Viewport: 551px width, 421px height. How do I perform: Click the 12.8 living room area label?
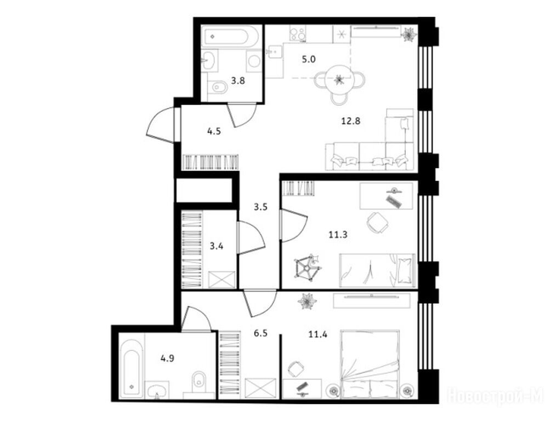(x=351, y=122)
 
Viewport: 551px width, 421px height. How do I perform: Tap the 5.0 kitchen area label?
(x=309, y=59)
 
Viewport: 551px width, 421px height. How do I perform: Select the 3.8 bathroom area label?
(x=238, y=81)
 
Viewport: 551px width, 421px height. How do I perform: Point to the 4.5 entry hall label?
(x=214, y=132)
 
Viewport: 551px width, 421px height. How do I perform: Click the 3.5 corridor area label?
(x=261, y=207)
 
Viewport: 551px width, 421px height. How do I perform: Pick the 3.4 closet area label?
(x=217, y=246)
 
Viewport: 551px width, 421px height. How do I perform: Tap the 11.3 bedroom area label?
(x=338, y=235)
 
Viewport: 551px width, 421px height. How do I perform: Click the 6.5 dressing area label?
(x=261, y=333)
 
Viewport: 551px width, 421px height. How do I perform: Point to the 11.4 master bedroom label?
(x=318, y=334)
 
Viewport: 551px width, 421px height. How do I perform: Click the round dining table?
(x=339, y=79)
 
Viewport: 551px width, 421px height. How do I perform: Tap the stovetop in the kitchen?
(x=298, y=34)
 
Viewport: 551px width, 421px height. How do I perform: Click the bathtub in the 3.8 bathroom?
(x=231, y=36)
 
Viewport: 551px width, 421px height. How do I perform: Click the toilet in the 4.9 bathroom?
(x=199, y=384)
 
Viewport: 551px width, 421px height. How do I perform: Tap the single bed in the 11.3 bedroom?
(x=378, y=270)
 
